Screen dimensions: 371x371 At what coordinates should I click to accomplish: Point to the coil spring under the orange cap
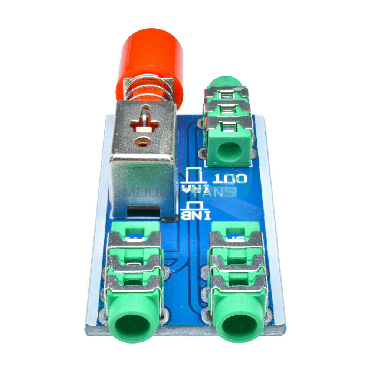[148, 91]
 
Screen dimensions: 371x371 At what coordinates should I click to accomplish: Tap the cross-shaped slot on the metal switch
[144, 124]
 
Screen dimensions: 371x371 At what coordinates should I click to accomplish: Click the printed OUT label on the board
[230, 180]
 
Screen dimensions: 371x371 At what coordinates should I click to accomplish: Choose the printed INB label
[196, 215]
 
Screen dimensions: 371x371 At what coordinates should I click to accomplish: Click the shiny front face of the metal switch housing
[143, 185]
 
